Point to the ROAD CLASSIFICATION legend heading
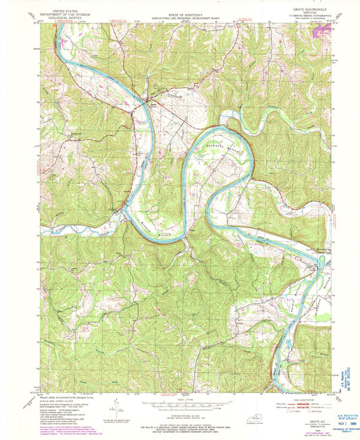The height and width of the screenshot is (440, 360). (295, 397)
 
